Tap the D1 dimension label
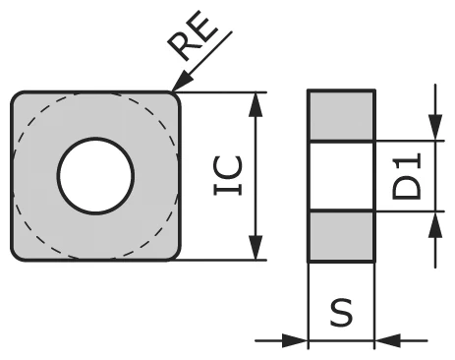click(407, 176)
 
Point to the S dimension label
click(341, 314)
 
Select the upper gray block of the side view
click(341, 116)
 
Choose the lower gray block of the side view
click(341, 236)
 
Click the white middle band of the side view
click(341, 176)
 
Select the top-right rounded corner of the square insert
click(173, 97)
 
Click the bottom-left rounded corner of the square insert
click(18, 255)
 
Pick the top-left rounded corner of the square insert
click(18, 97)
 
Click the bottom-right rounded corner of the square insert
click(173, 255)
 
